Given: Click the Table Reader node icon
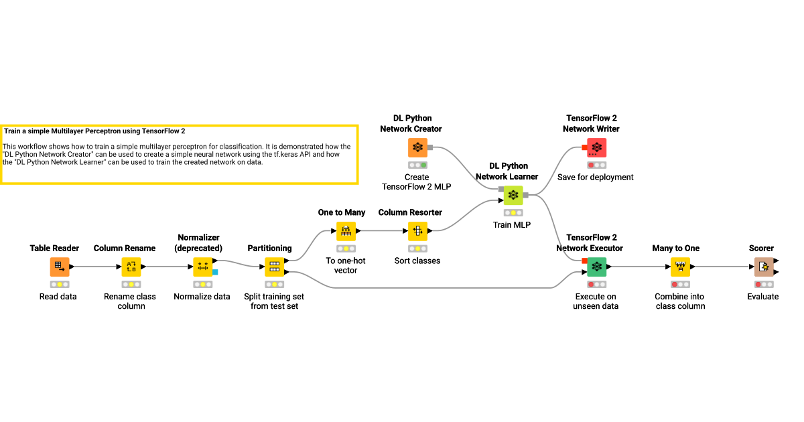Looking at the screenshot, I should coord(60,267).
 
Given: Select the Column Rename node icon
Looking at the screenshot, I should coord(131,267).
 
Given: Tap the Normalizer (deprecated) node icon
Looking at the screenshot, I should coord(202,267).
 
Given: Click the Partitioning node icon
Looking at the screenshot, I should coord(274,267).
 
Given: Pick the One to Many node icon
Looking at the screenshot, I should coord(346,232).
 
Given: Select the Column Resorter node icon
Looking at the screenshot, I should coord(417,232).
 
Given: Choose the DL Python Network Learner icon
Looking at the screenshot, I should coord(513,196).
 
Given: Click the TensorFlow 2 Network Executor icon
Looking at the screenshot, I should coord(596,267).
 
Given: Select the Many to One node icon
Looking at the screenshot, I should coord(681,267).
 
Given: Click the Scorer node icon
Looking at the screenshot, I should coord(763,267).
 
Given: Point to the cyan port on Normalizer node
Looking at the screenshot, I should coord(215,272).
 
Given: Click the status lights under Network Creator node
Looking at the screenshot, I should coord(417,165).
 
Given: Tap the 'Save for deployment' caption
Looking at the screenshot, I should coord(595,178).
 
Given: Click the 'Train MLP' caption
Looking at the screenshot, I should coord(512,225).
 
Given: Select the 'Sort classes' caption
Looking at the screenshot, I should coord(417,261).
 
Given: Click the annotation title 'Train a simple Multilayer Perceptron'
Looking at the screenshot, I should coord(94,132).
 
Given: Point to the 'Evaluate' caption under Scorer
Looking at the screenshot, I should coord(763,296).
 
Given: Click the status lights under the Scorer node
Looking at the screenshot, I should coord(763,284).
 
